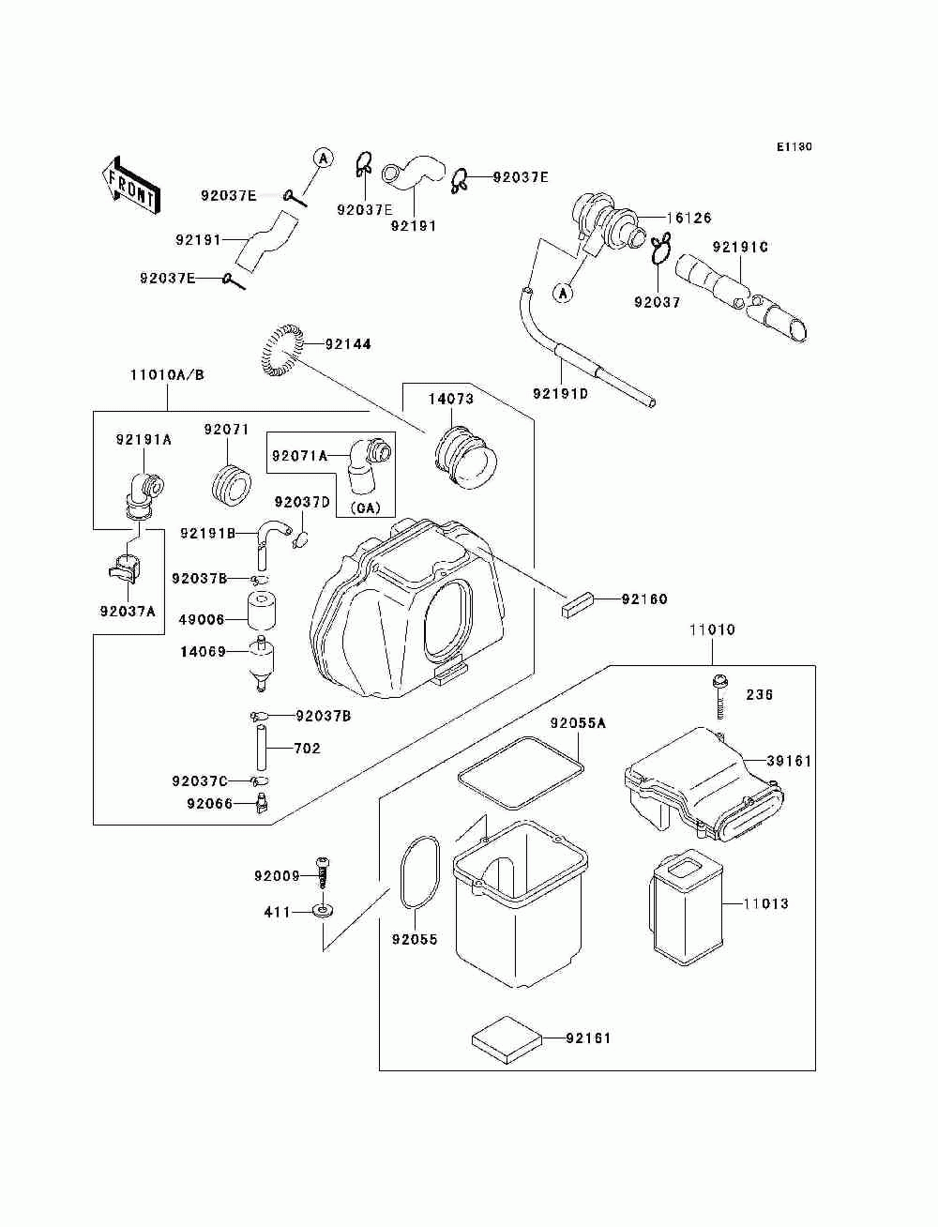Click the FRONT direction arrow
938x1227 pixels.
(x=132, y=185)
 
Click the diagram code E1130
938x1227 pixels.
(x=794, y=147)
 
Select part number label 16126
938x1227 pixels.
(x=689, y=218)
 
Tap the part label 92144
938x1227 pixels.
(x=348, y=343)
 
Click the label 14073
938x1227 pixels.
(x=451, y=399)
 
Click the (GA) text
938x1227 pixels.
(x=365, y=507)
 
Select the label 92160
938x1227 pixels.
(x=644, y=599)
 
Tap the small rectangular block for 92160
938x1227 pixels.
(x=578, y=604)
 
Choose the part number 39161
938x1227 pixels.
(x=789, y=761)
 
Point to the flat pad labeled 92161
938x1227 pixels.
(x=507, y=1039)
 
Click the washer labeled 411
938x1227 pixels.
(x=324, y=912)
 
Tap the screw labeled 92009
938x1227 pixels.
(x=322, y=876)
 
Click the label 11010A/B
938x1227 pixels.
(x=168, y=374)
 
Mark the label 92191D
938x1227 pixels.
(x=560, y=394)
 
